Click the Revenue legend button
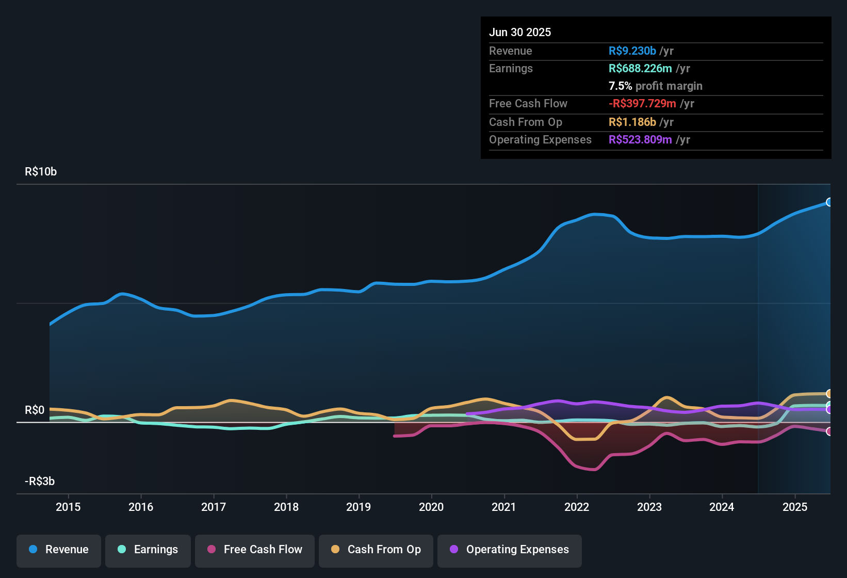(59, 550)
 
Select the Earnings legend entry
(148, 550)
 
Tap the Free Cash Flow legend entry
(255, 550)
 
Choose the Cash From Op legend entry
(376, 550)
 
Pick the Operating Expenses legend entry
(510, 550)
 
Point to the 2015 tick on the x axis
(68, 507)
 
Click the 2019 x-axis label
(359, 507)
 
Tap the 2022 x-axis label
(577, 507)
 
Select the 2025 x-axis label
(795, 507)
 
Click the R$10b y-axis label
(41, 172)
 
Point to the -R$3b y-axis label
(40, 481)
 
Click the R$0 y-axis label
(35, 410)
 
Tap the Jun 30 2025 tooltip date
(520, 33)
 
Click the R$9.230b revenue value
(632, 51)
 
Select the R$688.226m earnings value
(640, 69)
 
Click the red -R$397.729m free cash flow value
(642, 104)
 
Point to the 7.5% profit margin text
(655, 86)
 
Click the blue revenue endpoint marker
(829, 202)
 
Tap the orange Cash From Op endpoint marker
(829, 394)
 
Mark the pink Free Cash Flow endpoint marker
(829, 431)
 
